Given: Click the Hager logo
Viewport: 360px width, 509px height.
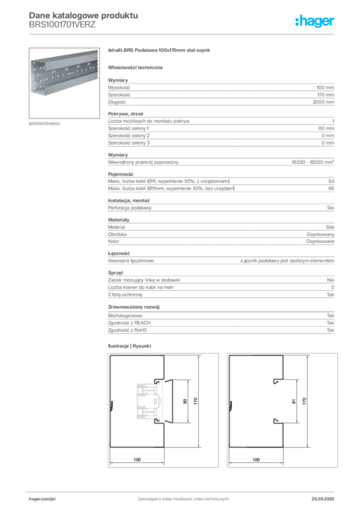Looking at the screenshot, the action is pos(314,21).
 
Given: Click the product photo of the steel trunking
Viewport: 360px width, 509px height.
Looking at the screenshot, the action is pos(64,83).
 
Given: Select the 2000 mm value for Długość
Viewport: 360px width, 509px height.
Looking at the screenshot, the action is pos(323,102).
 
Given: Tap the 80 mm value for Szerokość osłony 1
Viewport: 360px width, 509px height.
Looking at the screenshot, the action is pos(326,128).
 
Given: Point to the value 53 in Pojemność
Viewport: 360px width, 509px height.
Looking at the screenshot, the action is pos(331,181).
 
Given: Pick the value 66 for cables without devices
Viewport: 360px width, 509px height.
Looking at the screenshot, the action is pos(331,188).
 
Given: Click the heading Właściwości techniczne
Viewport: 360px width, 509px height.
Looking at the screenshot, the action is pos(135,68).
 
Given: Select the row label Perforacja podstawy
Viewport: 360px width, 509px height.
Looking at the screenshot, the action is pos(130,208).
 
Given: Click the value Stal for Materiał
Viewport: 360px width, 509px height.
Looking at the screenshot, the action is pos(330,227).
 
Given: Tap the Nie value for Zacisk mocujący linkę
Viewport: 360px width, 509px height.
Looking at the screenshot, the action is pos(331,280).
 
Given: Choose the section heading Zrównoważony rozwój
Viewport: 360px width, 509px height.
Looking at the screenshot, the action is pos(134,307).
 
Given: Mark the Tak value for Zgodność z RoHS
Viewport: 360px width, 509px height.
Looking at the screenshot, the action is pos(331,330).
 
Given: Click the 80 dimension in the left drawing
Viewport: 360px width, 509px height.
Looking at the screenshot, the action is pos(185,401).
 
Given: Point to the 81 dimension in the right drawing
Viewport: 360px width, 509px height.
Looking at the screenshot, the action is pos(294,401).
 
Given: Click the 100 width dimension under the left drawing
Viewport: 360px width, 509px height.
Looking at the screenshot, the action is pos(137,460).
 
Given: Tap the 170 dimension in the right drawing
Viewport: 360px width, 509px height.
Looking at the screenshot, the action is pos(304,401).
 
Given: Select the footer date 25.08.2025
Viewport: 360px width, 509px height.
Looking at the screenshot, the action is pos(323,499).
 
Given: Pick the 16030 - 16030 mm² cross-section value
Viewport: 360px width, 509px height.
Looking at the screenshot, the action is pos(313,162).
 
